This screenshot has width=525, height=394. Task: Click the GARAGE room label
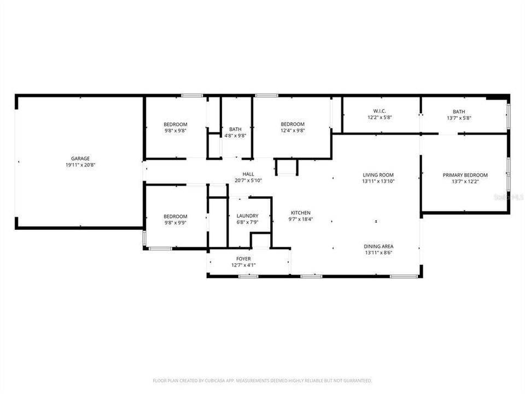(x=80, y=159)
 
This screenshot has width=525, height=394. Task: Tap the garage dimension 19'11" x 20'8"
(x=80, y=165)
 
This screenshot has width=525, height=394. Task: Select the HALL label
(x=248, y=174)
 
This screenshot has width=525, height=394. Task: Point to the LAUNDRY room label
(x=247, y=216)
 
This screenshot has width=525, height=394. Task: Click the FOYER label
(x=243, y=259)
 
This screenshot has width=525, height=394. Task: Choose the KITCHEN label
(x=301, y=213)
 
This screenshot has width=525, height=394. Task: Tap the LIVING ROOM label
(x=378, y=175)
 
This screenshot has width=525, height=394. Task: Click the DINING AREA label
(x=378, y=246)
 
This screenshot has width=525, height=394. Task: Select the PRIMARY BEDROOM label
(x=465, y=175)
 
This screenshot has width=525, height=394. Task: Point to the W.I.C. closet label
(x=380, y=111)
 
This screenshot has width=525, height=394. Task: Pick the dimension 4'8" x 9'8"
(x=235, y=136)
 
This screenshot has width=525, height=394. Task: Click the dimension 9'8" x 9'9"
(x=176, y=222)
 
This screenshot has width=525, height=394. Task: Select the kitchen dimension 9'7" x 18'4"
(x=301, y=219)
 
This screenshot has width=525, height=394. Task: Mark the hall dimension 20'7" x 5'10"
(x=248, y=180)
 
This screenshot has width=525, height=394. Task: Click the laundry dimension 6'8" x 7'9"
(x=247, y=222)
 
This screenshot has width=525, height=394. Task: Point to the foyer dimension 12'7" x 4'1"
(x=243, y=265)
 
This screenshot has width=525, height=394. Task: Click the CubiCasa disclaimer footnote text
(x=262, y=380)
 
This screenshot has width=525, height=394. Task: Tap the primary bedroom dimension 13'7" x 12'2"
(x=465, y=181)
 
